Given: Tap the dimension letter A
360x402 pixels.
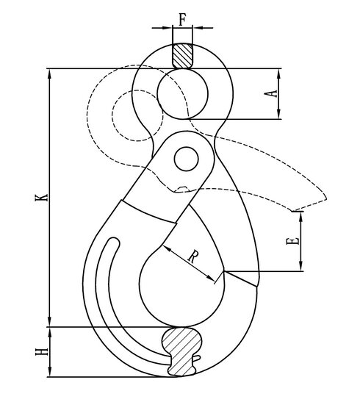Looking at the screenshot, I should (271, 93).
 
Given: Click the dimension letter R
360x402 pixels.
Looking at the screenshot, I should (192, 256).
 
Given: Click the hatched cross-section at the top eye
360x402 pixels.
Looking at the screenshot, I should (181, 55).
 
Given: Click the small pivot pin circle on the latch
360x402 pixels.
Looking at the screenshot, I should (187, 158).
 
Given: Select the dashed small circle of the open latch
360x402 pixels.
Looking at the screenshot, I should (131, 118).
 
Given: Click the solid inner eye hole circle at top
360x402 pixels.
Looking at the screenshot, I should (181, 93).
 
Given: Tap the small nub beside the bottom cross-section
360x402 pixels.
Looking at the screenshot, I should (196, 359).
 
